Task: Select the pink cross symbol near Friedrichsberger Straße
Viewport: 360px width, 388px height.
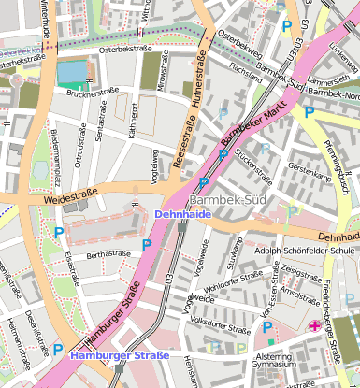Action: (314, 325)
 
